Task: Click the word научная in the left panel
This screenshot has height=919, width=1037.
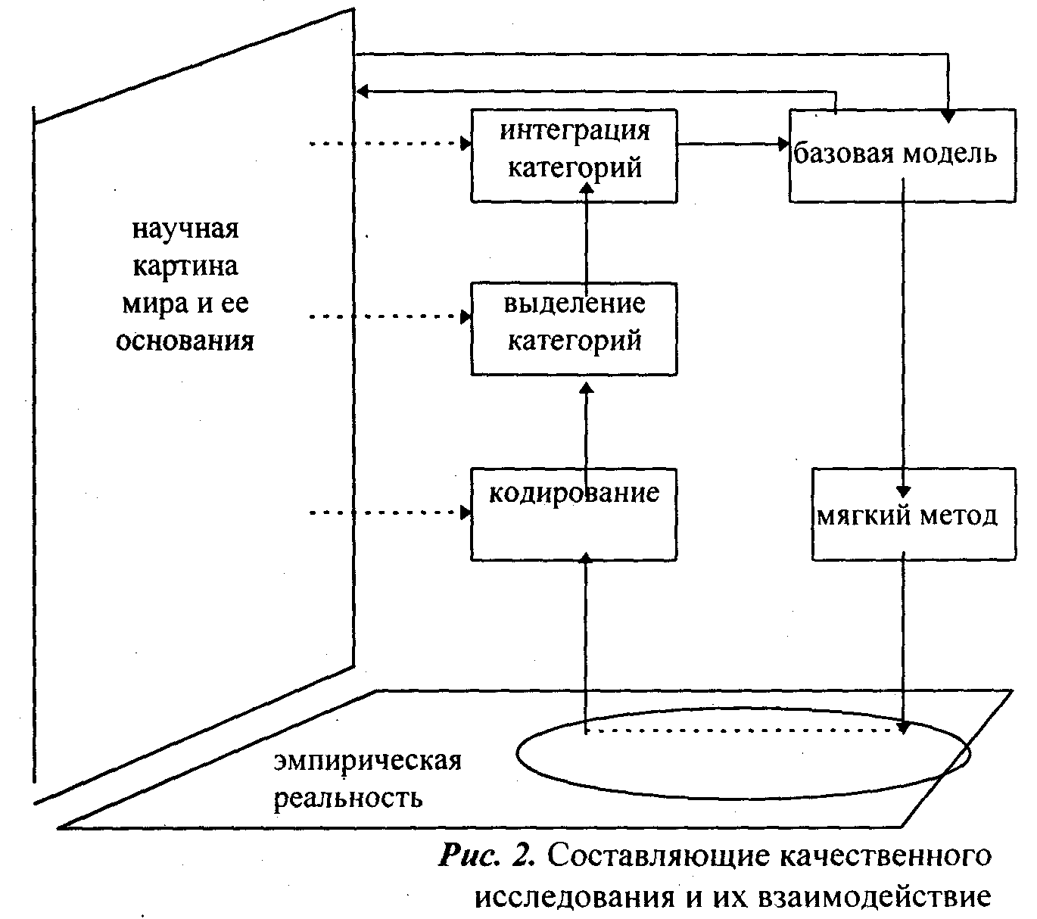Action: point(185,229)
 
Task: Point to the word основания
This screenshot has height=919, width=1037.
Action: point(185,341)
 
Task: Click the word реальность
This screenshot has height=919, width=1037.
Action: point(348,798)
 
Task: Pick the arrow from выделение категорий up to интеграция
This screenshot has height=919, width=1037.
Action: point(587,238)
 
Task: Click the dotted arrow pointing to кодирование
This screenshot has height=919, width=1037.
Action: point(390,512)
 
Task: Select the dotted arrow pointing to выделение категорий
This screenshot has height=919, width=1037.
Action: point(390,317)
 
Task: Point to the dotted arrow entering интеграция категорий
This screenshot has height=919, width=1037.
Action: point(390,144)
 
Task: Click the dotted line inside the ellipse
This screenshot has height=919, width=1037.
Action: point(743,731)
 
